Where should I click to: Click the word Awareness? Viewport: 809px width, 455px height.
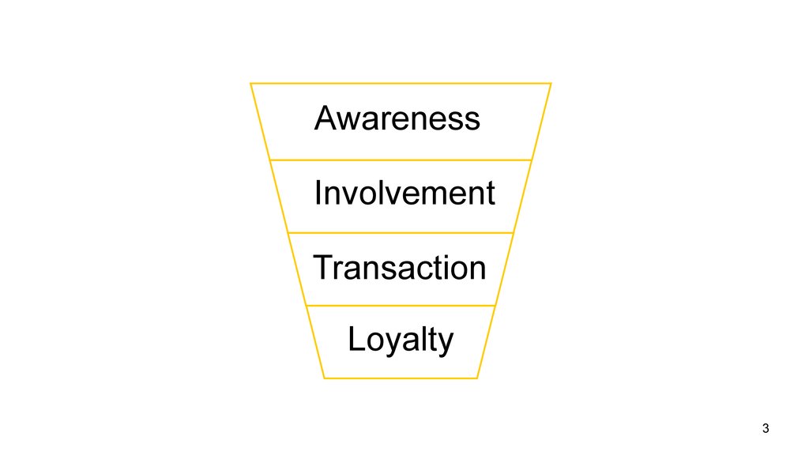click(397, 118)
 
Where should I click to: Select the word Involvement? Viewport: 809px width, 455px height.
click(404, 193)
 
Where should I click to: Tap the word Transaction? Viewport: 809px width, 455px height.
click(400, 268)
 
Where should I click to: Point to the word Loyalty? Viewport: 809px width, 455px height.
click(401, 340)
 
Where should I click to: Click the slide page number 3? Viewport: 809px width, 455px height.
click(766, 428)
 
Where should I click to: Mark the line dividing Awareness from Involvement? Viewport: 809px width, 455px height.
click(401, 160)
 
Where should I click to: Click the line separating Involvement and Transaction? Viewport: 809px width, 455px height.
click(401, 233)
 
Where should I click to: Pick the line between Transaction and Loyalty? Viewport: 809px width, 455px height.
click(401, 306)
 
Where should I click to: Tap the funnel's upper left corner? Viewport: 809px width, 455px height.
click(250, 83)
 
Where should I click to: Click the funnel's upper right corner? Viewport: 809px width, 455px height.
click(551, 83)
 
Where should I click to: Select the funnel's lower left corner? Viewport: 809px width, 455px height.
click(325, 378)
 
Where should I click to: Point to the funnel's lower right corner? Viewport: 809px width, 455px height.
click(477, 378)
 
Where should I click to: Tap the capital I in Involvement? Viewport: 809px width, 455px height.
click(318, 193)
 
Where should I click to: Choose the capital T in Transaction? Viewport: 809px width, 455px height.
click(324, 268)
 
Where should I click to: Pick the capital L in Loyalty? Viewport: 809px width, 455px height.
click(356, 339)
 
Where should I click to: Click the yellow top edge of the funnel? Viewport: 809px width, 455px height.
click(401, 83)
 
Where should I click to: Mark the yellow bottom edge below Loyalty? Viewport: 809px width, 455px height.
click(401, 378)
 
